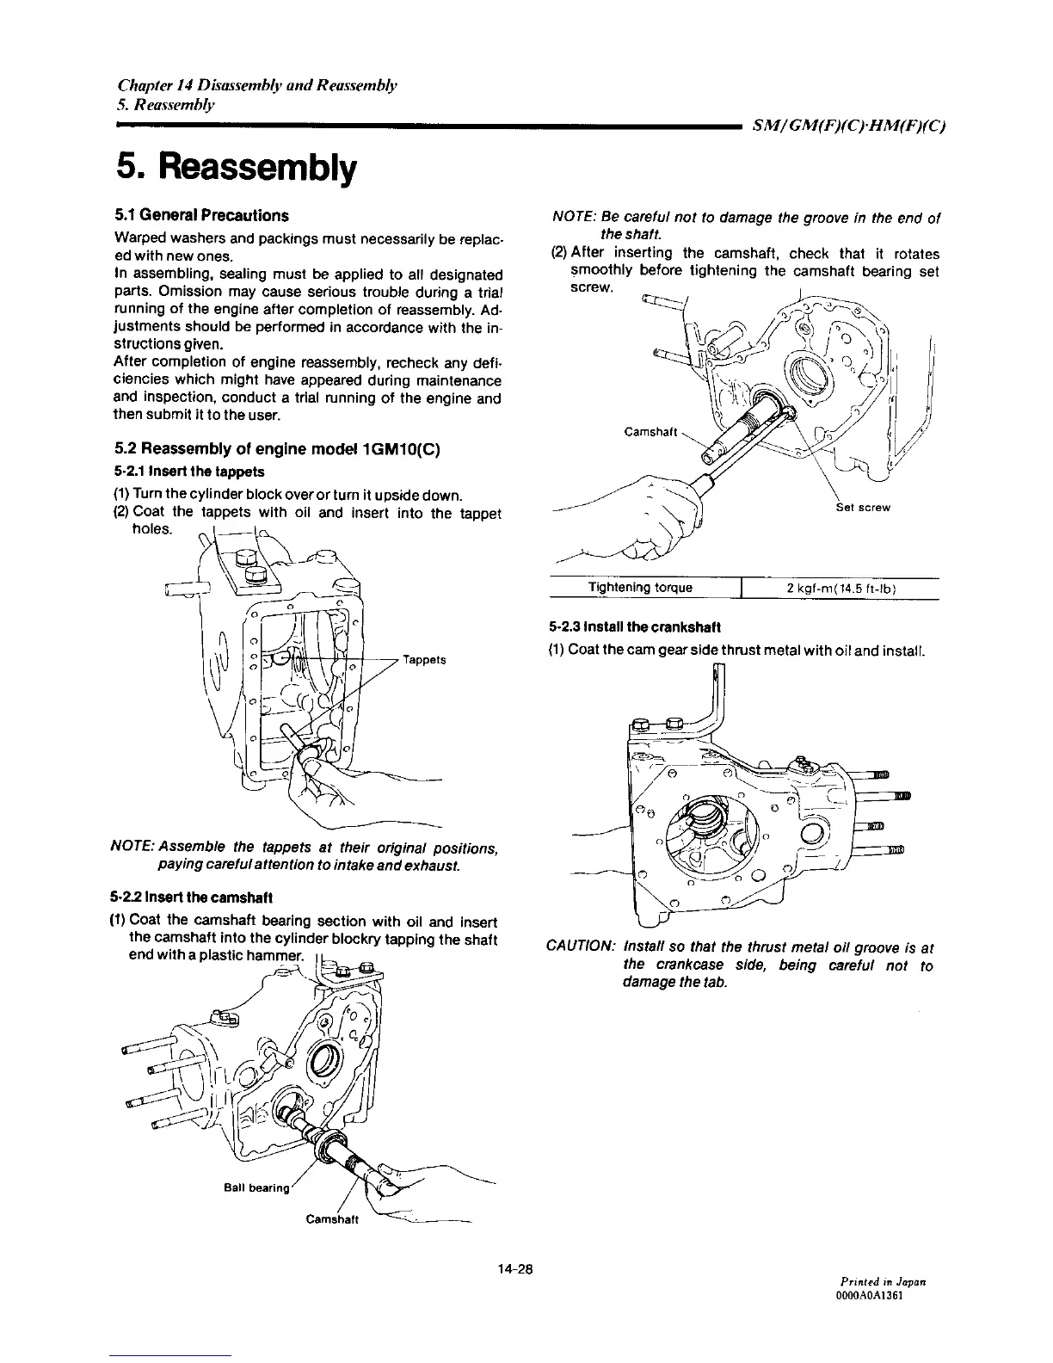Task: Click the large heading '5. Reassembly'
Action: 234,170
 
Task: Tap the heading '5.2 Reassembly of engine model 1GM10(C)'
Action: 278,449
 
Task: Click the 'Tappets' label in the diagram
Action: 423,660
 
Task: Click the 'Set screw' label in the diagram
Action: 863,507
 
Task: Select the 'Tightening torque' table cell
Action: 640,588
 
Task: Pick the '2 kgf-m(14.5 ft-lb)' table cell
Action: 841,589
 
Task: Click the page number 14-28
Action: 516,1267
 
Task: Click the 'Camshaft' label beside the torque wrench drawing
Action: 650,432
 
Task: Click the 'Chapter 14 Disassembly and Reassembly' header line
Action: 256,85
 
